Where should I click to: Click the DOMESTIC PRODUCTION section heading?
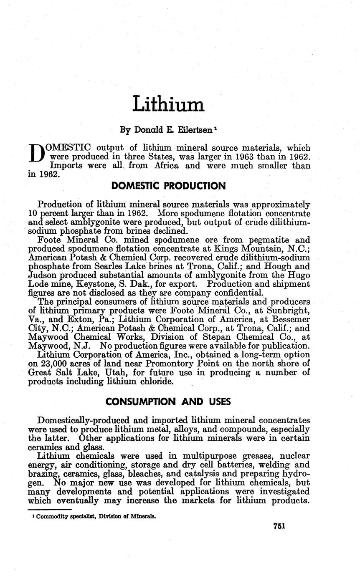pos(169,186)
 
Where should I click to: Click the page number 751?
pos(279,526)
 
